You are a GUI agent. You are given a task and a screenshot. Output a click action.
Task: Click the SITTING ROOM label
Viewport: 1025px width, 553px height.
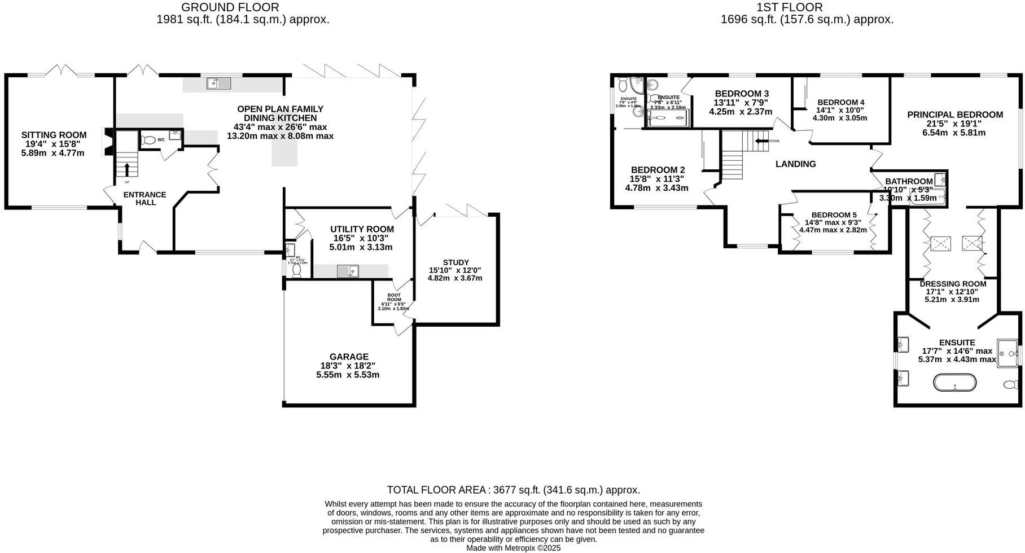(54, 135)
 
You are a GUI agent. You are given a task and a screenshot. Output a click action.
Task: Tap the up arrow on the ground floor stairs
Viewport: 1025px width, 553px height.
(126, 169)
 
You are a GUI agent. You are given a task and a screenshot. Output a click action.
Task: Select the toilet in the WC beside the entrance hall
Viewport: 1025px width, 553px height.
(149, 141)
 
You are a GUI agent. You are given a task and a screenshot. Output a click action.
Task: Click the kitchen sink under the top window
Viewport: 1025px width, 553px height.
(219, 84)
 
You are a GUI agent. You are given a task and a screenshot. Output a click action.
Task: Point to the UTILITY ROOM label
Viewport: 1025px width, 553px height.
(362, 229)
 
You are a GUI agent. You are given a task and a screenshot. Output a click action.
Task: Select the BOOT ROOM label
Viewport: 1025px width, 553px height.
(393, 295)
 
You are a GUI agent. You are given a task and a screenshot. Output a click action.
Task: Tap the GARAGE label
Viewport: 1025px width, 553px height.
(349, 357)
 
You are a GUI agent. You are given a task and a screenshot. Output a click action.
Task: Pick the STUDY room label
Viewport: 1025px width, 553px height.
(455, 262)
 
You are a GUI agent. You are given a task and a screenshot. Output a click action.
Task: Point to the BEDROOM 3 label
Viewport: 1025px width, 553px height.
(742, 94)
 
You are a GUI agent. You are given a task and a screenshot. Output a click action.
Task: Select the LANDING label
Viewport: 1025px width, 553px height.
(795, 164)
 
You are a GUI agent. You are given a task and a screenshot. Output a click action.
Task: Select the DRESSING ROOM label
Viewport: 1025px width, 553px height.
(953, 284)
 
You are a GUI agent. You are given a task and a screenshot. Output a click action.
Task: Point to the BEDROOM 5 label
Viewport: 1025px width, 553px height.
(834, 215)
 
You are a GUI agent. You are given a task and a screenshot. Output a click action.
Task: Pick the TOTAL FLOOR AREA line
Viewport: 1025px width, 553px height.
(513, 490)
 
